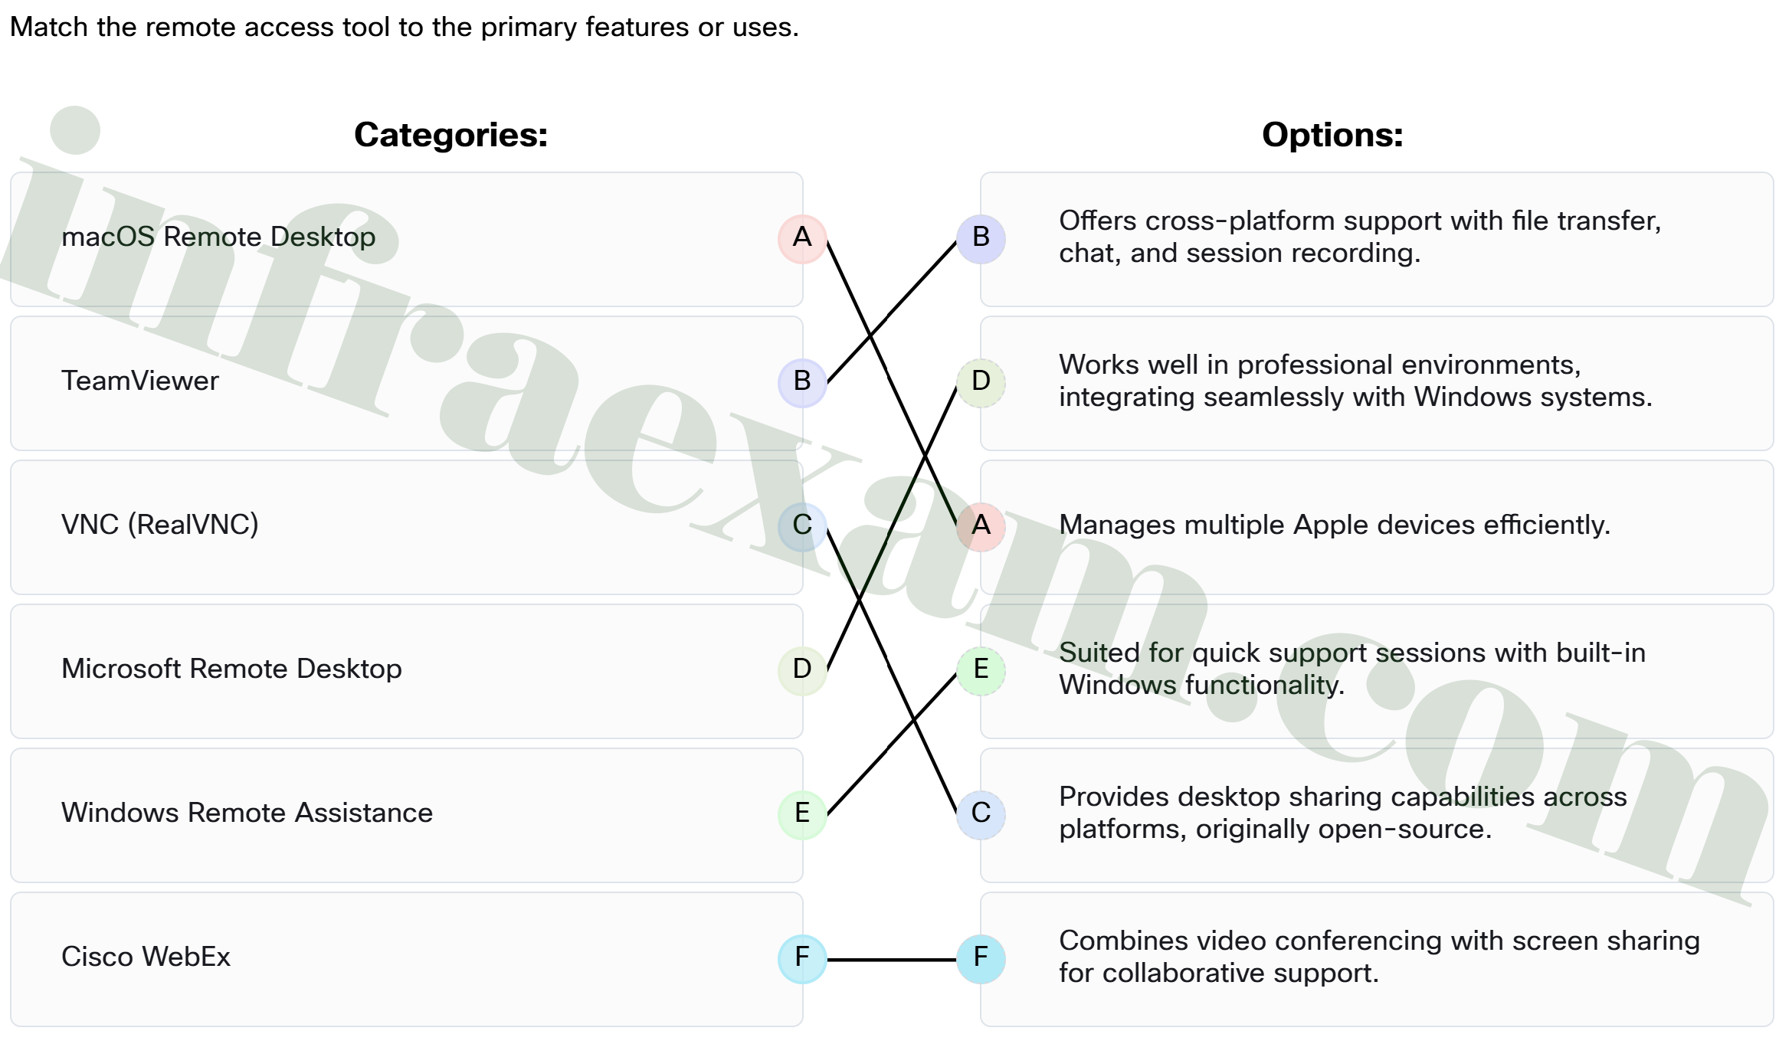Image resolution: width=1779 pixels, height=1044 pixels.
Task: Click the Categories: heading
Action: coord(450,135)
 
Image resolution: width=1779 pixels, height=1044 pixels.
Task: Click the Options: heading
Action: coord(1332,135)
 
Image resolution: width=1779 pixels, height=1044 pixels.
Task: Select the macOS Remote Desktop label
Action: coord(218,237)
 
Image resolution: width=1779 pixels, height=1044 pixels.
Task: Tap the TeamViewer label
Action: coord(140,381)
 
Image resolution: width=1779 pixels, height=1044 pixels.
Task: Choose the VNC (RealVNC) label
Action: coord(160,525)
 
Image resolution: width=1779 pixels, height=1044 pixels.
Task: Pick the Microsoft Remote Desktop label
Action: coord(231,669)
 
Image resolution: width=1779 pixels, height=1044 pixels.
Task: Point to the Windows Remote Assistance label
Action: coord(247,813)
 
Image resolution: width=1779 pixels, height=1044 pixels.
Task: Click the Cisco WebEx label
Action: coord(146,957)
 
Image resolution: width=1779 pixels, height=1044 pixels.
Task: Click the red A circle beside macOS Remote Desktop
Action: coord(802,238)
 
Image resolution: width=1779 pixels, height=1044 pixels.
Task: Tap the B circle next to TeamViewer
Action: coord(802,382)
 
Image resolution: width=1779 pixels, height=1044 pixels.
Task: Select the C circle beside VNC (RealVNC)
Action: coord(802,526)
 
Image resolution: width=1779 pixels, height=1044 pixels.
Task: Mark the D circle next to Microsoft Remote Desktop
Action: coord(802,670)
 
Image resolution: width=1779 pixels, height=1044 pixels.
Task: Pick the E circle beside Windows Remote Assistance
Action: coord(802,814)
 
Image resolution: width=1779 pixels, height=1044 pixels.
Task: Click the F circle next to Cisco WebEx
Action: coord(802,958)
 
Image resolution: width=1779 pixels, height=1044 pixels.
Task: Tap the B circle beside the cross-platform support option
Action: coord(981,238)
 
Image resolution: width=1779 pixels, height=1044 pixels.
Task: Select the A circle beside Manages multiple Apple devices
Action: coord(981,526)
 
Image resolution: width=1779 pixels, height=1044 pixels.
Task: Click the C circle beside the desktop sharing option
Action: coord(981,814)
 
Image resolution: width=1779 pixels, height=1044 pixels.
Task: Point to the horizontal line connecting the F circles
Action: coord(892,959)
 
